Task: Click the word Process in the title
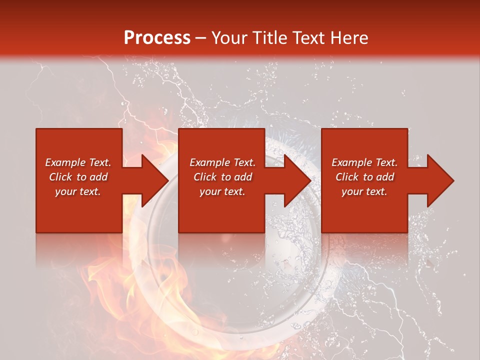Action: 157,38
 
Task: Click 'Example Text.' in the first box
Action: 78,162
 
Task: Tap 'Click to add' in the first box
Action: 78,177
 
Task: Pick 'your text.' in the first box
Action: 78,191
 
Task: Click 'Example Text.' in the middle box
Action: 222,162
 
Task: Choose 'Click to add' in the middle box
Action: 222,177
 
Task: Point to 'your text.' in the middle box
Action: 222,191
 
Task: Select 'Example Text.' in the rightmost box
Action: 364,162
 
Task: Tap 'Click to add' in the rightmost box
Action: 364,177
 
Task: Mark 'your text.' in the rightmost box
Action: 364,191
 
